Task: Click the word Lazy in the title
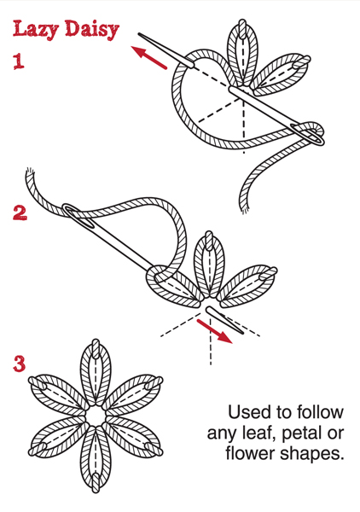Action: coord(36,30)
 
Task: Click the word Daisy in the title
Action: coord(92,30)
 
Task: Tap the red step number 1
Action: coord(19,61)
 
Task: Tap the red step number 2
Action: coord(20,212)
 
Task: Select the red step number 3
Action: coord(20,364)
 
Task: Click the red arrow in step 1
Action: coord(148,57)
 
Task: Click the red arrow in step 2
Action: coord(214,331)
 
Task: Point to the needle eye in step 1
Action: coord(308,134)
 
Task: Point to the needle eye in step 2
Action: coord(79,217)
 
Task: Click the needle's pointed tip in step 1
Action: coord(139,33)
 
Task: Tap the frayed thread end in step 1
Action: coord(244,209)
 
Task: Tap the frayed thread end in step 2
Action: coord(30,172)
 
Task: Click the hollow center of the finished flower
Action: coord(96,416)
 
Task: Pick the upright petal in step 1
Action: coord(242,52)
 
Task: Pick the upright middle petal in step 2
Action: coord(209,264)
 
